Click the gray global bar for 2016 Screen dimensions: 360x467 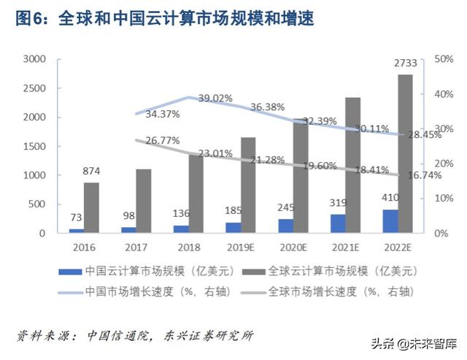tap(91, 207)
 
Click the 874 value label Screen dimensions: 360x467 tap(91, 172)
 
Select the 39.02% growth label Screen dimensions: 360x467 tap(215, 98)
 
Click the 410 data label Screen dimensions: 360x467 tap(390, 198)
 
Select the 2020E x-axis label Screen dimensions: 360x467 tap(290, 248)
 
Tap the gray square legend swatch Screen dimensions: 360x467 tap(258, 271)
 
